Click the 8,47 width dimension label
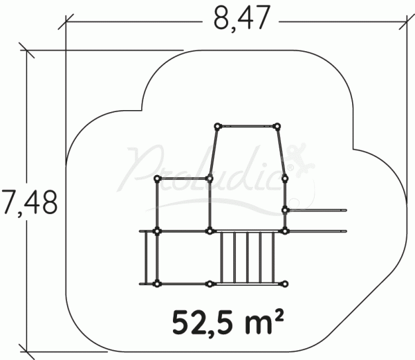242,19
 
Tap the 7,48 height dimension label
28,202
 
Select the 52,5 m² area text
228,323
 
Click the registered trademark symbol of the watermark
290,168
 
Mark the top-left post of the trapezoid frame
217,127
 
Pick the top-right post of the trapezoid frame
277,127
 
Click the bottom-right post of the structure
285,285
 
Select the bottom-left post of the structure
157,285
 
